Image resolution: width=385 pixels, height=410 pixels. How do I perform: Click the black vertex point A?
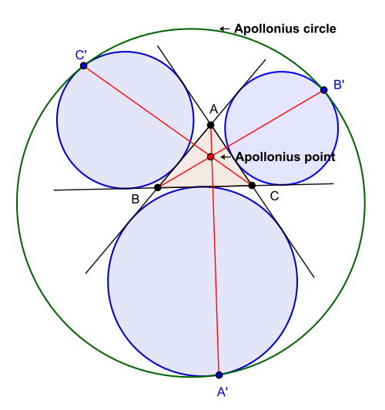pyautogui.click(x=210, y=125)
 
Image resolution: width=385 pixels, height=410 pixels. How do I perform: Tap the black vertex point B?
pyautogui.click(x=158, y=187)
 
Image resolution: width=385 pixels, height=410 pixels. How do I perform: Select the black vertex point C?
pyautogui.click(x=252, y=186)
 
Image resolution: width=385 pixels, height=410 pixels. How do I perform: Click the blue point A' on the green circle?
pyautogui.click(x=219, y=375)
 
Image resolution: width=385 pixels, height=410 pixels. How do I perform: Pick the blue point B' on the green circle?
pyautogui.click(x=324, y=90)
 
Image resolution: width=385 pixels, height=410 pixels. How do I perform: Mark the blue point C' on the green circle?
pyautogui.click(x=84, y=66)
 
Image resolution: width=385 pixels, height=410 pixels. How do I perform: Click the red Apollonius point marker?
pyautogui.click(x=211, y=156)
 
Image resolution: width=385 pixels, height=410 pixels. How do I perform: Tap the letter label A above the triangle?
pyautogui.click(x=213, y=109)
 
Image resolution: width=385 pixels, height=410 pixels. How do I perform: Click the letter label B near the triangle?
pyautogui.click(x=136, y=200)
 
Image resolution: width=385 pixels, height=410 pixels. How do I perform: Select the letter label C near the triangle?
pyautogui.click(x=274, y=196)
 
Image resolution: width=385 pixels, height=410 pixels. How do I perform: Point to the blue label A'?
pyautogui.click(x=223, y=392)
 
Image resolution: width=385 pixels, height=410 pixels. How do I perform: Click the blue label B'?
pyautogui.click(x=339, y=85)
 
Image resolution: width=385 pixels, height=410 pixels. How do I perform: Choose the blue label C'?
pyautogui.click(x=81, y=55)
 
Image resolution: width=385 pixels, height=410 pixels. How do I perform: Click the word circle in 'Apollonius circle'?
pyautogui.click(x=320, y=29)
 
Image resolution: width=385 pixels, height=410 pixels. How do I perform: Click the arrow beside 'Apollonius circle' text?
pyautogui.click(x=225, y=29)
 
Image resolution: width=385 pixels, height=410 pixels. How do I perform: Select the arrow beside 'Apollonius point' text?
pyautogui.click(x=226, y=157)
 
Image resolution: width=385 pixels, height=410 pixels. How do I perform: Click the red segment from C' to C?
pyautogui.click(x=168, y=126)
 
